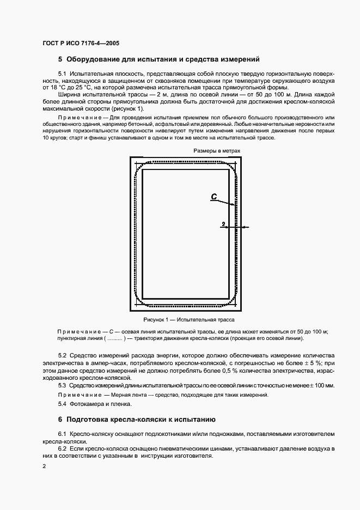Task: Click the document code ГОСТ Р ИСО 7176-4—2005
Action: (x=81, y=42)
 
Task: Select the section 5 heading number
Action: (x=60, y=58)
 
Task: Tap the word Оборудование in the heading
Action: (x=95, y=58)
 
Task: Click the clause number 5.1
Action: (x=62, y=73)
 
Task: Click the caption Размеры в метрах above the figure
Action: (x=216, y=150)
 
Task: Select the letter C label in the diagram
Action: (x=214, y=198)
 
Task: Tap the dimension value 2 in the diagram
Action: (x=223, y=223)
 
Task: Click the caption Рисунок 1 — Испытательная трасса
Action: (x=185, y=320)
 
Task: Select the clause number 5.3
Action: (x=62, y=385)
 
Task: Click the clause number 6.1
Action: (x=62, y=433)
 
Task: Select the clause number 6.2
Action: (x=62, y=447)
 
